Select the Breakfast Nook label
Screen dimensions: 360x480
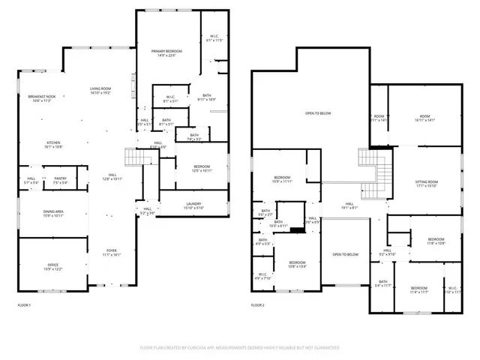(x=42, y=97)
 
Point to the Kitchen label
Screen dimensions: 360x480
(x=53, y=143)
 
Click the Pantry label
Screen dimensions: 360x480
(x=60, y=178)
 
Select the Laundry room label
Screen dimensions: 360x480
(x=194, y=203)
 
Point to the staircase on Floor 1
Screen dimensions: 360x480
(x=132, y=158)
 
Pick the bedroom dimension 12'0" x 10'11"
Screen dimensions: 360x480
(x=202, y=171)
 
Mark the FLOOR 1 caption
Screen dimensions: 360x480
(x=25, y=305)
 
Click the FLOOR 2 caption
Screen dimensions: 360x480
(x=258, y=305)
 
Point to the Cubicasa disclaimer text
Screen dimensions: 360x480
(x=240, y=348)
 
